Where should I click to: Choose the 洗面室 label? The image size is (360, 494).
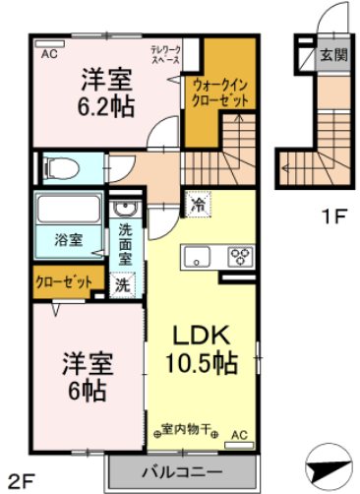[x=126, y=243]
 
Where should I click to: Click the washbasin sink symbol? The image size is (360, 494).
[x=125, y=212]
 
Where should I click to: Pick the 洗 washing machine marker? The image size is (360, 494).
[x=122, y=285]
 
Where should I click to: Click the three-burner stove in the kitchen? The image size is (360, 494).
[x=239, y=257]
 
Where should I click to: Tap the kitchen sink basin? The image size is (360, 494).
[x=196, y=258]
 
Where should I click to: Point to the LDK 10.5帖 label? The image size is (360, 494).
[x=202, y=347]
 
